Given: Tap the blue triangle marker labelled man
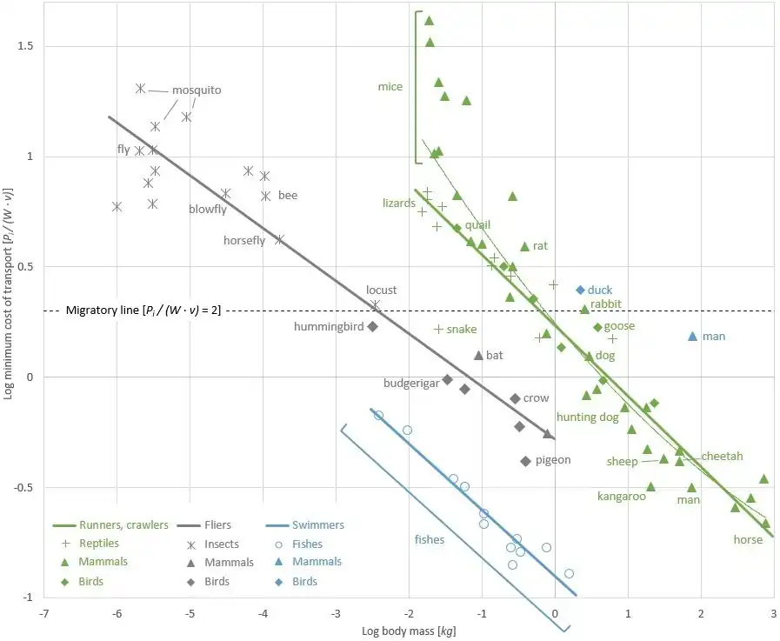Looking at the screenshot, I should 693,336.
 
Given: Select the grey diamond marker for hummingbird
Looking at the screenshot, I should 372,326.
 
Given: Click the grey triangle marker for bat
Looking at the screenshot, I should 478,355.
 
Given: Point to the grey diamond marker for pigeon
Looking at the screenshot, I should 525,461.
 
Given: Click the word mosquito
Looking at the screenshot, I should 196,90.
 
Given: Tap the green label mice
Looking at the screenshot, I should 390,86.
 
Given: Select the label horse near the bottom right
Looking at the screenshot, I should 748,539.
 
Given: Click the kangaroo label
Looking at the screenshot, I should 621,497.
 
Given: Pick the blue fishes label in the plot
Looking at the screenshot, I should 430,539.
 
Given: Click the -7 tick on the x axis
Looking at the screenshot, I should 43,611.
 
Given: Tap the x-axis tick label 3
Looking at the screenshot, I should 772,611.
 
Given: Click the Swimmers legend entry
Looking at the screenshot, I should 318,525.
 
